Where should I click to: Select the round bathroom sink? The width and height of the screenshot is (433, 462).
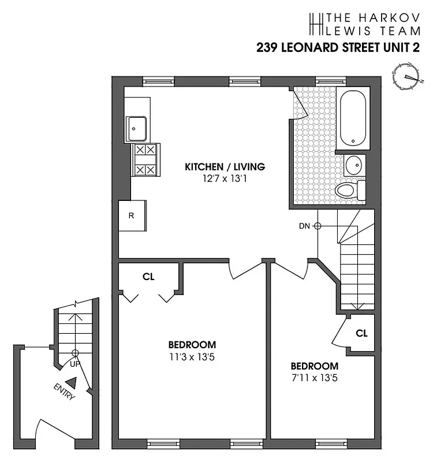pos(353,165)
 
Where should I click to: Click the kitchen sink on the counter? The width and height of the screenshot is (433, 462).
pos(137,128)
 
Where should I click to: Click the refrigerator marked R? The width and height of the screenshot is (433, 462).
pos(132,216)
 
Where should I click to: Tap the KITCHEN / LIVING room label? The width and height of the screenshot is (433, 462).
pos(225,167)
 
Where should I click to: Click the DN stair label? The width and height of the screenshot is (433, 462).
pos(304,226)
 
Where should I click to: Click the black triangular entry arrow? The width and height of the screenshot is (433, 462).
pos(71,382)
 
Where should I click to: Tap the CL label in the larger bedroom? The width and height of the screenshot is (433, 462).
pos(148,277)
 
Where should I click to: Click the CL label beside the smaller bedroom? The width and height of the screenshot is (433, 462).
pos(361,333)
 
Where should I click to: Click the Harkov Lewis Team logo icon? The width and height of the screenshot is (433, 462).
pos(316,23)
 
